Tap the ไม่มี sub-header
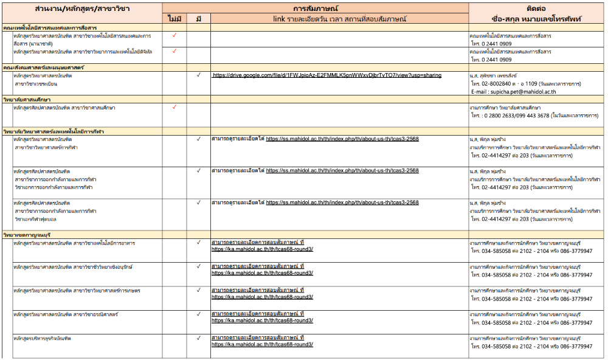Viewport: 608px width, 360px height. click(174, 19)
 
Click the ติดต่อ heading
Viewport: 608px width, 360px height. click(537, 9)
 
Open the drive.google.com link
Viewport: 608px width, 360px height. click(327, 75)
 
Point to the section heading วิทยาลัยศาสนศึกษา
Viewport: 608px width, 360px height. click(27, 99)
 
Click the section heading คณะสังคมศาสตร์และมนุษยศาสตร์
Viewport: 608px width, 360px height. click(44, 66)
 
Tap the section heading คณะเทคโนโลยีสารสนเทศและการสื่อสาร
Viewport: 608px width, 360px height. click(50, 28)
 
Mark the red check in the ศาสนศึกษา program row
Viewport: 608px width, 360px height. click(174, 107)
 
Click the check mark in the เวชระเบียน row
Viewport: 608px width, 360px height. click(199, 75)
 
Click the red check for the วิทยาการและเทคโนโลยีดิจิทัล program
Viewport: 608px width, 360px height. click(174, 51)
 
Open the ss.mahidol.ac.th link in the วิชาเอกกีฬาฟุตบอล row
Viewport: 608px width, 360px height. click(342, 202)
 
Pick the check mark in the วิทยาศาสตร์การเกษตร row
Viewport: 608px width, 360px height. click(199, 290)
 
